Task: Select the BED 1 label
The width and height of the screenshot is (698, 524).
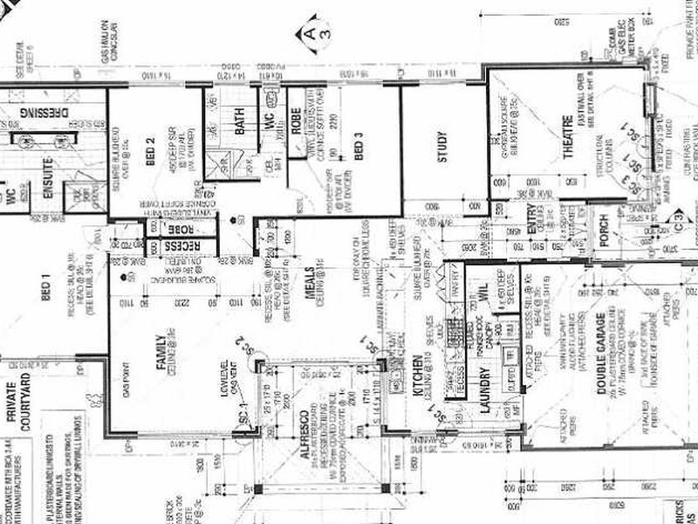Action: (x=46, y=288)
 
